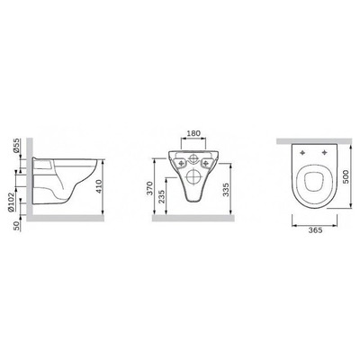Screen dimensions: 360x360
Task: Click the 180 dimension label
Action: tap(193, 133)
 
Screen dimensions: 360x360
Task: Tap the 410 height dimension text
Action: tap(100, 186)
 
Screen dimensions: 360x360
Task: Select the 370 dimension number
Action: tap(150, 189)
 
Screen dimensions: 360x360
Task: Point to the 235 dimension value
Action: tap(162, 196)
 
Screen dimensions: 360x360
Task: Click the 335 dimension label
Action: tap(227, 189)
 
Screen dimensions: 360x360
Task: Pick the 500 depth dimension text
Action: tap(346, 177)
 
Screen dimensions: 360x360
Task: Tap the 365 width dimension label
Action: tap(315, 230)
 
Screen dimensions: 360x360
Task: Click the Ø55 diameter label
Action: tap(16, 146)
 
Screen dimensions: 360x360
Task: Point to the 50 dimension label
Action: tap(17, 226)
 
